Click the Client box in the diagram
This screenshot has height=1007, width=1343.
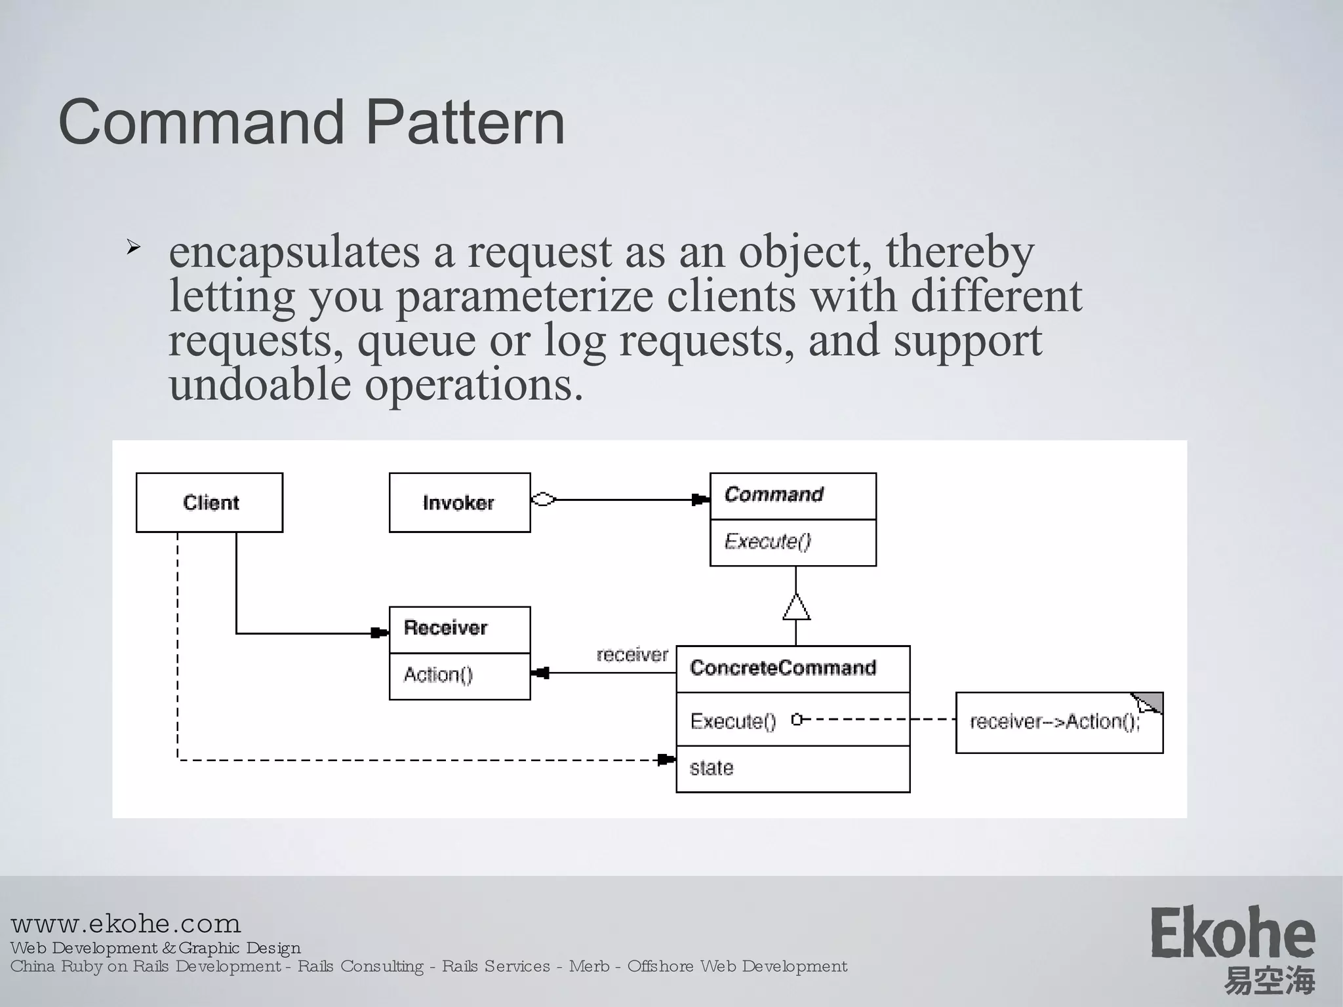tap(209, 503)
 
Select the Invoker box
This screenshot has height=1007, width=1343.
tap(459, 503)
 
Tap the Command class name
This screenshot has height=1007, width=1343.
tap(774, 494)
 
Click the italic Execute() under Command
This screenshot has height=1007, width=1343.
tap(767, 542)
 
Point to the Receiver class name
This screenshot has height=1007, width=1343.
tap(446, 628)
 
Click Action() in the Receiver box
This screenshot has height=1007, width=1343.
tap(438, 675)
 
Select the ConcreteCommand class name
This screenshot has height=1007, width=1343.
tap(783, 668)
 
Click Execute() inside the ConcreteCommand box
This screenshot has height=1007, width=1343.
tap(733, 721)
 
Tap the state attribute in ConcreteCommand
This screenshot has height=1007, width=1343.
tap(712, 768)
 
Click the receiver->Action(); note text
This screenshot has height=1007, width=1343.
tap(1054, 722)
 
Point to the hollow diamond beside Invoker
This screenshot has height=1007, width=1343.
tap(543, 500)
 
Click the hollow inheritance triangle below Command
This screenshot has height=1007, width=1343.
tap(796, 608)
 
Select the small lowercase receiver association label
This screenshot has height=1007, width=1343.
tap(632, 654)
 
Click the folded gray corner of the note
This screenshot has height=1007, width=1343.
tap(1152, 701)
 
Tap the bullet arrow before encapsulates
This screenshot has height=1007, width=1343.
tap(133, 248)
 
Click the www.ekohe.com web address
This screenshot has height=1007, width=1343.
tap(126, 924)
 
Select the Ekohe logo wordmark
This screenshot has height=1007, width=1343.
tap(1232, 934)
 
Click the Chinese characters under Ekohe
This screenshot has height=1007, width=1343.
tap(1269, 981)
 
